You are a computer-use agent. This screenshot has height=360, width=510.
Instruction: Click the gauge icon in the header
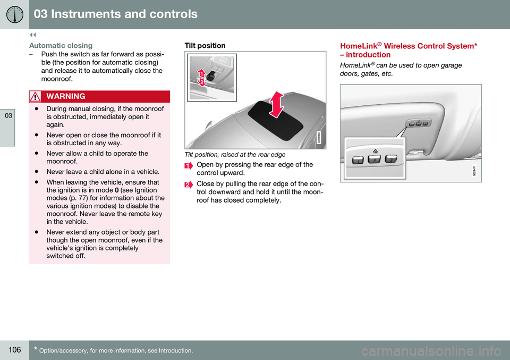[x=15, y=14]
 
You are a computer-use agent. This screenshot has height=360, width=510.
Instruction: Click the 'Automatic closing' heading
[x=61, y=46]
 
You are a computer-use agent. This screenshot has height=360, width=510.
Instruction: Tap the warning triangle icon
[x=35, y=97]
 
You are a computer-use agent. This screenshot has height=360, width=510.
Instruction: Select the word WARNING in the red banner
[x=66, y=96]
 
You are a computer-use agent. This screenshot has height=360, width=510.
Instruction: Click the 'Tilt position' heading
[x=205, y=46]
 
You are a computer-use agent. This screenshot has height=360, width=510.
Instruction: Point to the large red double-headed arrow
[x=276, y=104]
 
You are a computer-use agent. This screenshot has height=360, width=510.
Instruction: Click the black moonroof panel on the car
[x=275, y=121]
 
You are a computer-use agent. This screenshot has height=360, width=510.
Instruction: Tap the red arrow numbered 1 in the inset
[x=201, y=73]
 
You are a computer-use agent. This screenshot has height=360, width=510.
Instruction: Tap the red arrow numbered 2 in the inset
[x=202, y=82]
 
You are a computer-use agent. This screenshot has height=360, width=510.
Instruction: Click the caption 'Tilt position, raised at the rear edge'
[x=235, y=155]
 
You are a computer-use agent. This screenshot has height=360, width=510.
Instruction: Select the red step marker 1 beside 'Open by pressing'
[x=188, y=166]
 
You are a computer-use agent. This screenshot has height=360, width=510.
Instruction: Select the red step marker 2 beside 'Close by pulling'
[x=188, y=185]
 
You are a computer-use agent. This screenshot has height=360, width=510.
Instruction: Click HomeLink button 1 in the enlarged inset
[x=358, y=160]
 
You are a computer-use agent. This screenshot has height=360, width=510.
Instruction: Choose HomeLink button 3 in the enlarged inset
[x=391, y=158]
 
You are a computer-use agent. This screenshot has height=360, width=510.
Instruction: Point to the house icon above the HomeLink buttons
[x=376, y=151]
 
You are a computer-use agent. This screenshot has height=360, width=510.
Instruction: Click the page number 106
[x=15, y=350]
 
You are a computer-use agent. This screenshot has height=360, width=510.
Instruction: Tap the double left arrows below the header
[x=33, y=35]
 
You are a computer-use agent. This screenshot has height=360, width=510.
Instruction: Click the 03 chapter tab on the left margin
[x=8, y=115]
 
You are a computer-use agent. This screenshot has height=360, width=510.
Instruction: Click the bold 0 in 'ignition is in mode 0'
[x=117, y=190]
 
